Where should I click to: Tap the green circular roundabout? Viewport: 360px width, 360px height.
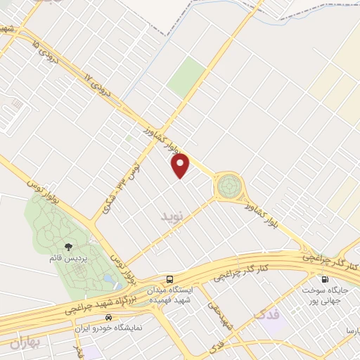pyautogui.click(x=228, y=186)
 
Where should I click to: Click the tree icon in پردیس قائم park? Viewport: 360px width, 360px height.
pyautogui.click(x=69, y=246)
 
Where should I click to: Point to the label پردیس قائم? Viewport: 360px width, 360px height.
pyautogui.click(x=70, y=259)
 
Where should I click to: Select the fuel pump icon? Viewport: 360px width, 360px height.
pyautogui.click(x=324, y=278)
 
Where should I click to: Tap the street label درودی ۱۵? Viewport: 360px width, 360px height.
pyautogui.click(x=35, y=49)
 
